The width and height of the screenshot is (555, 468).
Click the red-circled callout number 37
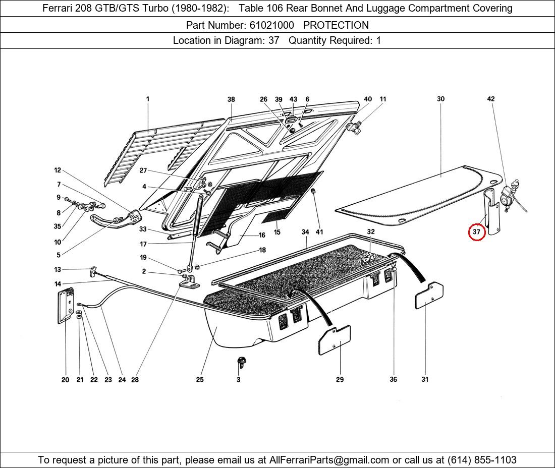(x=477, y=232)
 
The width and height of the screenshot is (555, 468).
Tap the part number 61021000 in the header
(x=271, y=25)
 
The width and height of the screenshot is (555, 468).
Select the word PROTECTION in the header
(x=336, y=25)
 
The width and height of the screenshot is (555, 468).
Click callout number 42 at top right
(x=490, y=99)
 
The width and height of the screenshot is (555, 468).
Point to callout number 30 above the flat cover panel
(x=440, y=99)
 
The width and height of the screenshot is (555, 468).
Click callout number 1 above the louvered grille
(x=148, y=99)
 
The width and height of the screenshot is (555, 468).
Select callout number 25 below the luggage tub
(x=200, y=379)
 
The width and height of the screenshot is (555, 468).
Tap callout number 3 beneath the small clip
(x=239, y=379)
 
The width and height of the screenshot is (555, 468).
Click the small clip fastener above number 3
(x=241, y=361)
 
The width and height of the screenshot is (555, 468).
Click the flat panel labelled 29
(x=335, y=340)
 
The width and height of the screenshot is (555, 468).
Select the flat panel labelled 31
(x=429, y=296)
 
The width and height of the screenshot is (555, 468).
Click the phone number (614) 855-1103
(x=482, y=460)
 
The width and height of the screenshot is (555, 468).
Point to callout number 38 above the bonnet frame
(x=231, y=99)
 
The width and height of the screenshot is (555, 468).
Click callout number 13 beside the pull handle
(x=58, y=270)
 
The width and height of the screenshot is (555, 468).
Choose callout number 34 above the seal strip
(x=305, y=232)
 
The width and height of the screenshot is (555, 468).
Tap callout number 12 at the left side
(x=58, y=170)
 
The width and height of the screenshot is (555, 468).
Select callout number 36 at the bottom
(x=393, y=379)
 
